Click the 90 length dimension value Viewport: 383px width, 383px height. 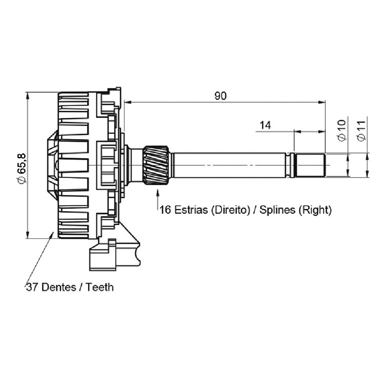[x=221, y=96]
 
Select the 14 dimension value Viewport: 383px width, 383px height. [x=265, y=125]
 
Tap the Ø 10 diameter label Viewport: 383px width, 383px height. [x=342, y=130]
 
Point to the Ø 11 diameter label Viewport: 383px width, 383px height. [x=362, y=131]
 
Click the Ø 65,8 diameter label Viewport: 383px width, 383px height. [x=22, y=168]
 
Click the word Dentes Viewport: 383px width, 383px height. [x=59, y=287]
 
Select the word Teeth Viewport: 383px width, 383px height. [x=100, y=287]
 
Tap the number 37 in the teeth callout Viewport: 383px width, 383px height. [x=33, y=287]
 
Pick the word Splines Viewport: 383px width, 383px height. [x=277, y=210]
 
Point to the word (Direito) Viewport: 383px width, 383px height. [x=230, y=210]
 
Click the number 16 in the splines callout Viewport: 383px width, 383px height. [x=165, y=210]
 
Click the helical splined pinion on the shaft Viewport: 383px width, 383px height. [x=156, y=165]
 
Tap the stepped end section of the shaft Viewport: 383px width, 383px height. [x=309, y=165]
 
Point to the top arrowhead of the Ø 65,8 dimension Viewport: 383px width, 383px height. [x=27, y=96]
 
